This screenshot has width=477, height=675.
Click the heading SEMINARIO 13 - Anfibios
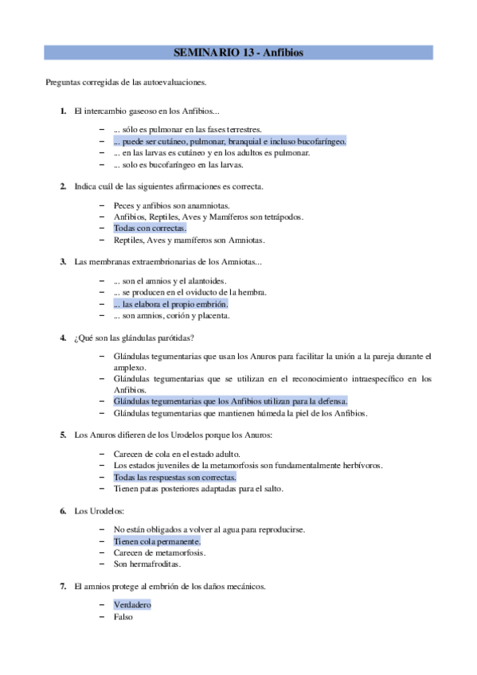[x=238, y=53]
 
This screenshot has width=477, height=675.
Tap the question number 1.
[x=62, y=111]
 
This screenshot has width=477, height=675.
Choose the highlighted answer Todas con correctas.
[x=150, y=228]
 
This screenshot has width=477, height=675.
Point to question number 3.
[x=62, y=261]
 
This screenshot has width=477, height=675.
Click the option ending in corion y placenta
[x=171, y=315]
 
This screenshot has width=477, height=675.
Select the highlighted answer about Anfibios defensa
[x=230, y=401]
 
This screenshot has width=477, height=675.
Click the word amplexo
[x=131, y=368]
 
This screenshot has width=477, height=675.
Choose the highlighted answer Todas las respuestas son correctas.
[x=174, y=477]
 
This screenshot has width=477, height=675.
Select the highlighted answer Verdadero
[x=131, y=604]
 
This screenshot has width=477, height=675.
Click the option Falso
[x=123, y=616]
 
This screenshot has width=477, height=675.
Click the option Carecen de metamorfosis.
[x=160, y=552]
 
